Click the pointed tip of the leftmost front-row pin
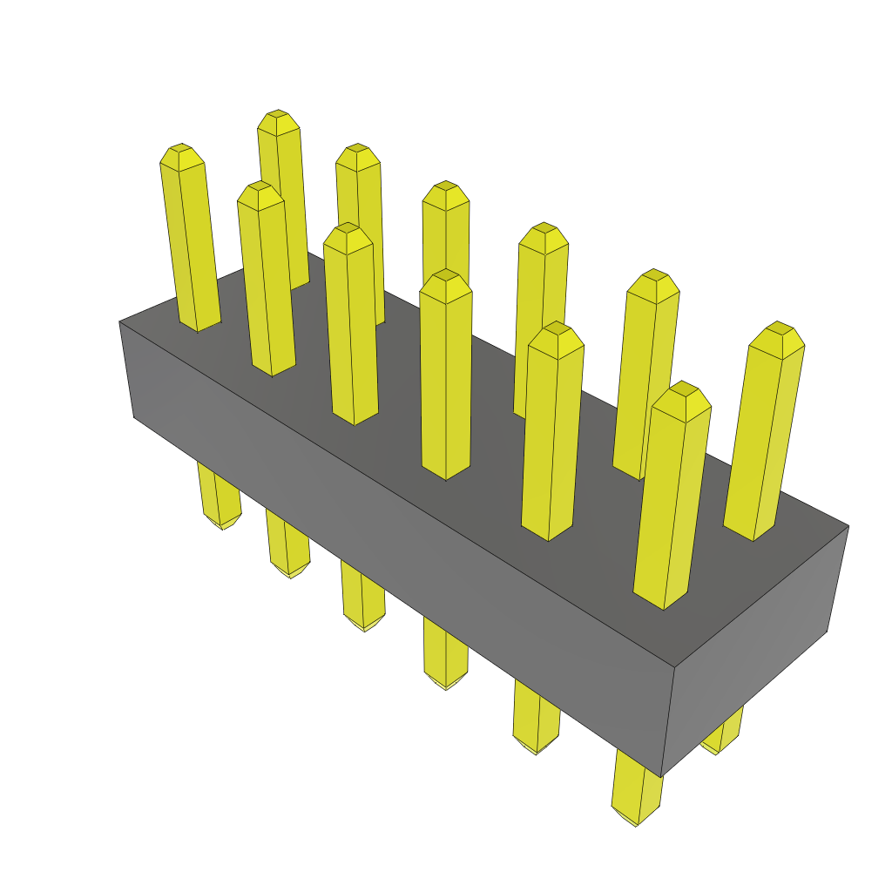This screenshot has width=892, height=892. (180, 149)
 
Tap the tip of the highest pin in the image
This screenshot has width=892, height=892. (277, 115)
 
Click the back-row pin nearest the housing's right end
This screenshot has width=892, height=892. (765, 436)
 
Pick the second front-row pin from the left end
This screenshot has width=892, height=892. (267, 279)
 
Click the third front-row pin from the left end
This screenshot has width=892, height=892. (351, 322)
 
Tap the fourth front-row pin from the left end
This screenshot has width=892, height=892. (445, 375)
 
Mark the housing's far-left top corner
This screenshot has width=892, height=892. (119, 322)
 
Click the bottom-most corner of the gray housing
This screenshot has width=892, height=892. (662, 775)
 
